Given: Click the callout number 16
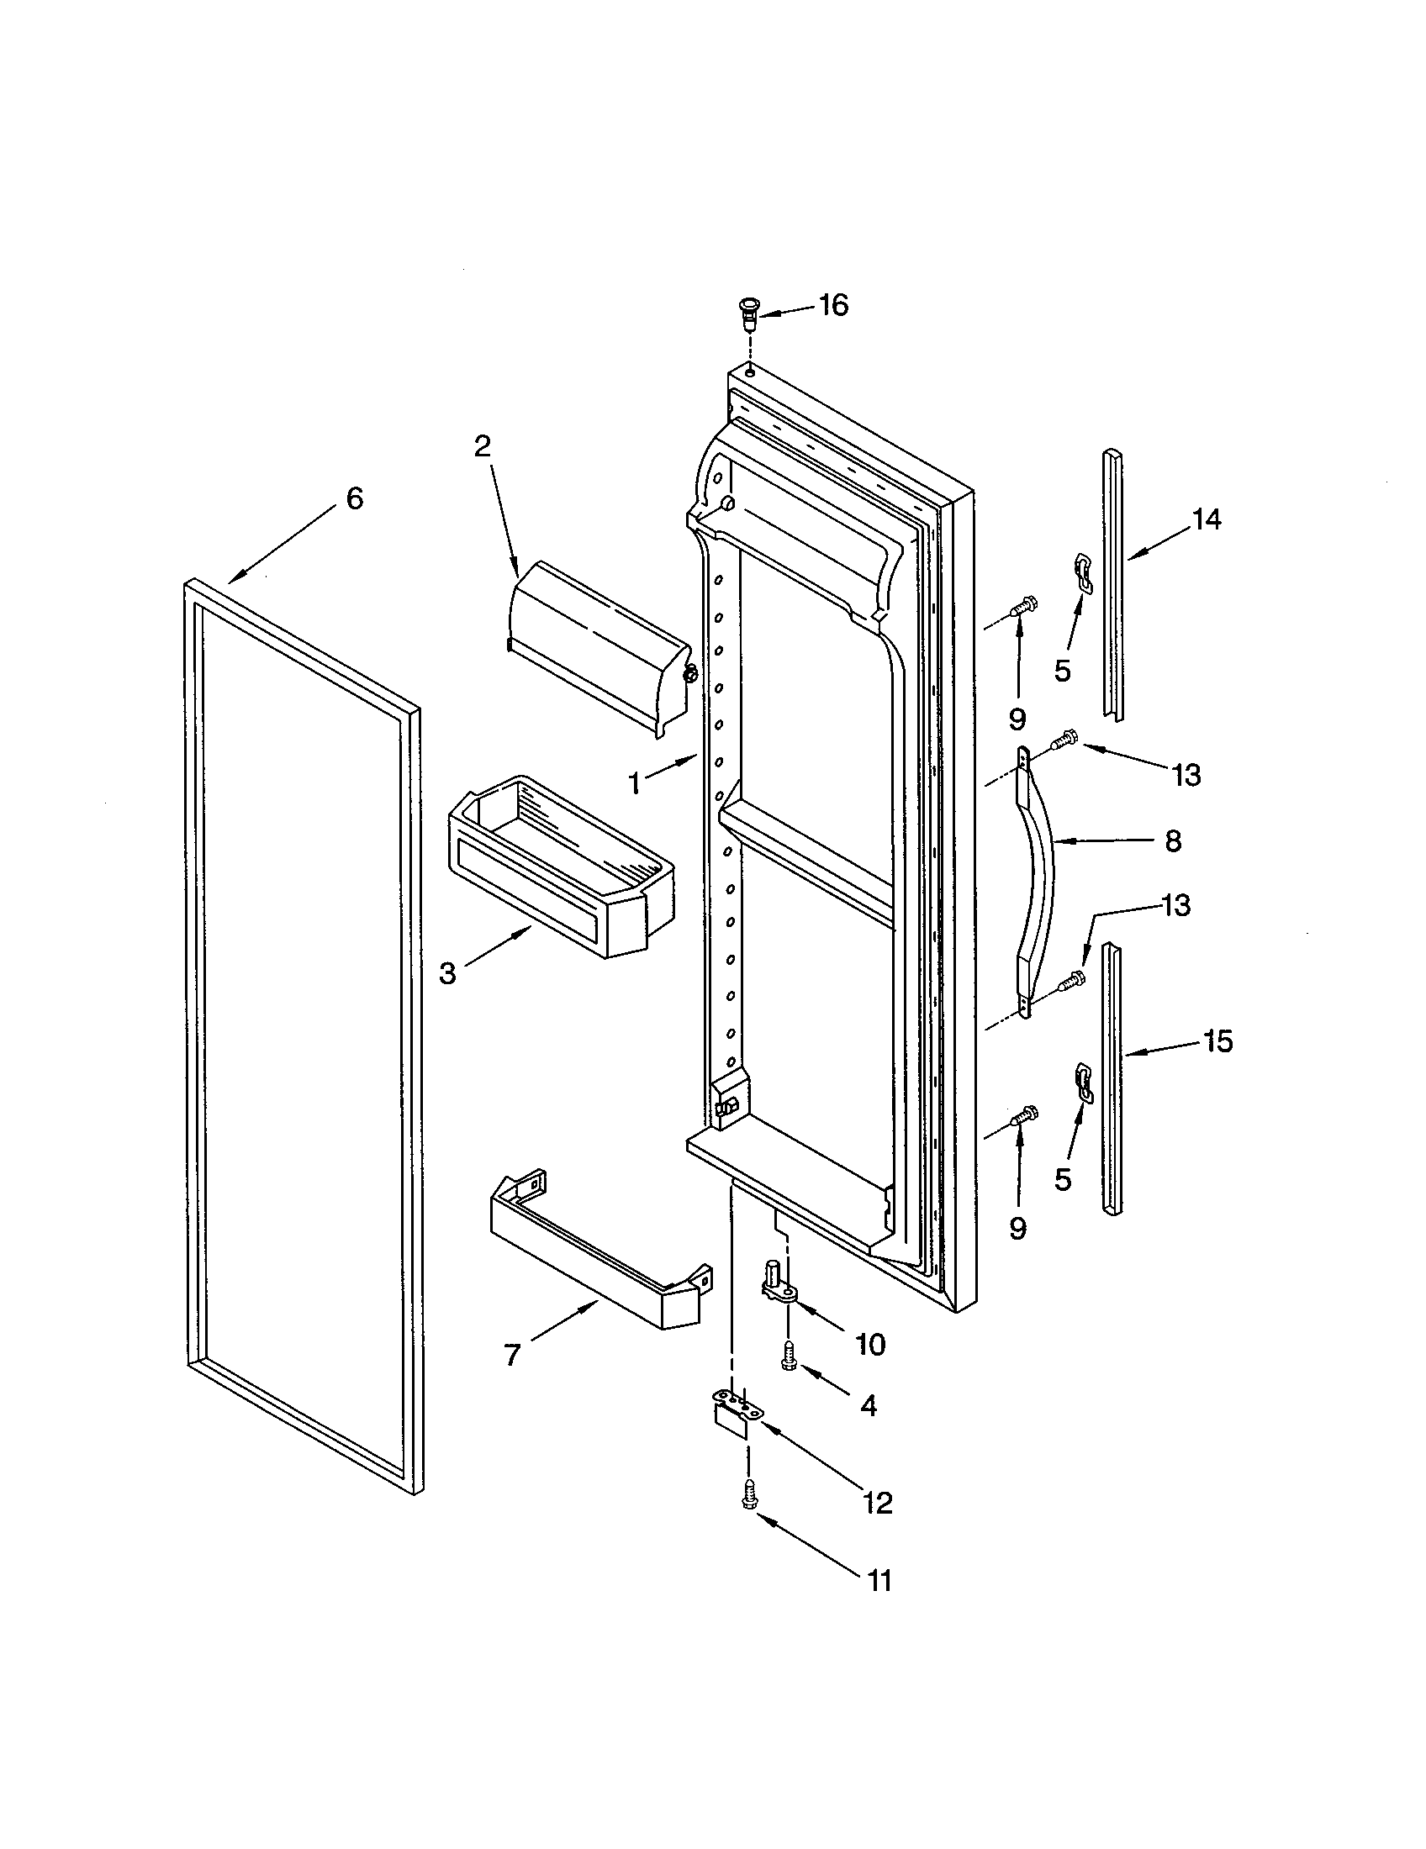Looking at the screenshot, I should pyautogui.click(x=834, y=305).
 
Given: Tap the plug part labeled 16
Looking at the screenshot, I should pyautogui.click(x=748, y=314).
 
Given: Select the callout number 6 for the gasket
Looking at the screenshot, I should pyautogui.click(x=355, y=498).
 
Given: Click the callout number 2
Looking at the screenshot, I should pyautogui.click(x=482, y=446).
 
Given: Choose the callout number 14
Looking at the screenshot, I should pyautogui.click(x=1207, y=519).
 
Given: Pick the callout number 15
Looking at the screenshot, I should pyautogui.click(x=1217, y=1040).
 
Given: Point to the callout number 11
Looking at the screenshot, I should pyautogui.click(x=879, y=1579).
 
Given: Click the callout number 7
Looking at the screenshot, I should pyautogui.click(x=512, y=1356).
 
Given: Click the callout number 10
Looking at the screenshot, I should pyautogui.click(x=869, y=1344).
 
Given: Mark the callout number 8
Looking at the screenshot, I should pyautogui.click(x=1173, y=840).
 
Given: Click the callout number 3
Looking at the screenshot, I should pyautogui.click(x=448, y=973).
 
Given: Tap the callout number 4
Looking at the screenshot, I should pyautogui.click(x=868, y=1406).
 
